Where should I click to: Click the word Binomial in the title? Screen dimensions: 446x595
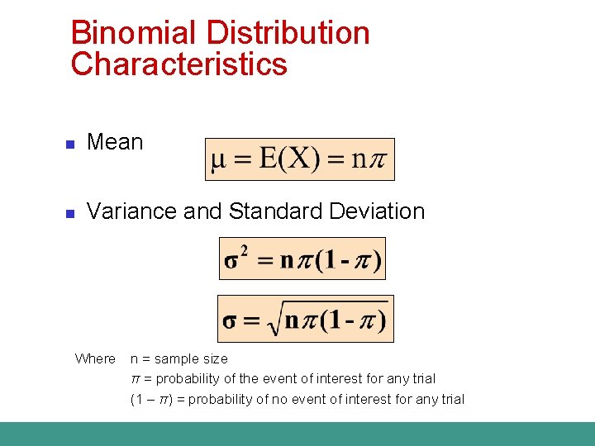[x=132, y=33]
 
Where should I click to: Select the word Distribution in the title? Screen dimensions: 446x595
[x=288, y=33]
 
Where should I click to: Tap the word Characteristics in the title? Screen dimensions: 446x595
[x=178, y=64]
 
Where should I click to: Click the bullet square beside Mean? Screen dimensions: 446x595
[x=70, y=145]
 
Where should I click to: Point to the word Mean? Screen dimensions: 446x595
[x=115, y=142]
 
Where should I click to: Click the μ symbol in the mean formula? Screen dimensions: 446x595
[x=217, y=159]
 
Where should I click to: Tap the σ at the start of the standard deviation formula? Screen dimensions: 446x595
[x=231, y=320]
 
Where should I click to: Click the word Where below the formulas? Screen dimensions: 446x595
[x=95, y=358]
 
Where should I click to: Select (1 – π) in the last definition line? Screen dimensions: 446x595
[x=152, y=399]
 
